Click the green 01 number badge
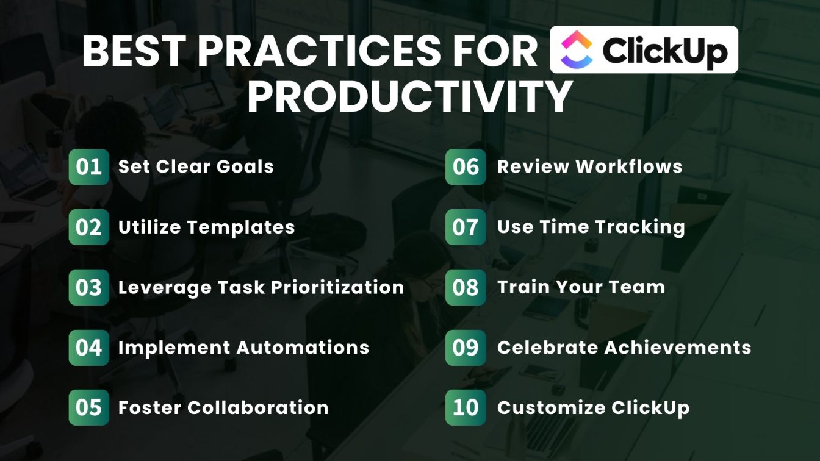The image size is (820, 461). [89, 167]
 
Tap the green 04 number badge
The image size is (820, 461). [89, 348]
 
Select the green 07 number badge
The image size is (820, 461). [466, 227]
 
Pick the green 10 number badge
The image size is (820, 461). [466, 407]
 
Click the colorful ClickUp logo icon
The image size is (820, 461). [577, 49]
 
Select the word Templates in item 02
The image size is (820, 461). [241, 227]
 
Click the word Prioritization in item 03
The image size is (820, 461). [337, 288]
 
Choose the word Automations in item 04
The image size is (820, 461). [303, 348]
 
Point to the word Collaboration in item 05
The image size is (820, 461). [258, 407]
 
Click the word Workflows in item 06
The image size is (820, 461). [629, 166]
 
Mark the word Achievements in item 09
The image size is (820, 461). [678, 348]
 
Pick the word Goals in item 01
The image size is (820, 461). [245, 167]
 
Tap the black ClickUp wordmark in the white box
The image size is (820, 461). [665, 51]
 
